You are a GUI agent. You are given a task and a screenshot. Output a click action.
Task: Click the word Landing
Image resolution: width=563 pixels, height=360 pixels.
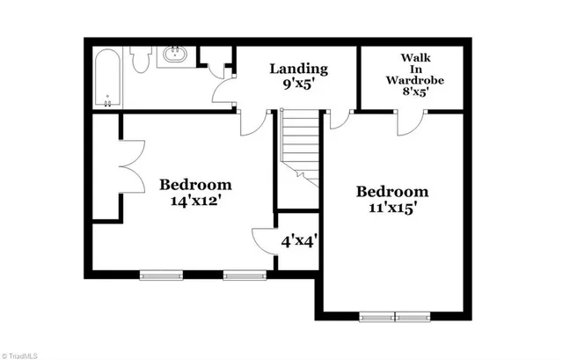[298, 68]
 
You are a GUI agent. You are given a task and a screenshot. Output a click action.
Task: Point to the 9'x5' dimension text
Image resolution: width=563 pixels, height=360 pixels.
[298, 86]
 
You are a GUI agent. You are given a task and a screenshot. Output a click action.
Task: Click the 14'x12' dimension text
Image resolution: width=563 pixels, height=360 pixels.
[195, 201]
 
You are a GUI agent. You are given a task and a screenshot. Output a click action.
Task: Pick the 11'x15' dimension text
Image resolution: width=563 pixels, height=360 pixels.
[391, 209]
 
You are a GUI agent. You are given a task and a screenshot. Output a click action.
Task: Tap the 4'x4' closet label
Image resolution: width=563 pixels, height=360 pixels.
[298, 239]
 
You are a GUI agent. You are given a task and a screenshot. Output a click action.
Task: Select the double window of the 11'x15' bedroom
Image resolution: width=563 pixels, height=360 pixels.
[395, 315]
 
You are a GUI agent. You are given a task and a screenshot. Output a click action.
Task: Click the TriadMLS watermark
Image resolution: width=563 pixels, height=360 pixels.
[20, 353]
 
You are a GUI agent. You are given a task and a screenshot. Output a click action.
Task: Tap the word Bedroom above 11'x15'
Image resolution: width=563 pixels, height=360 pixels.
[391, 192]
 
